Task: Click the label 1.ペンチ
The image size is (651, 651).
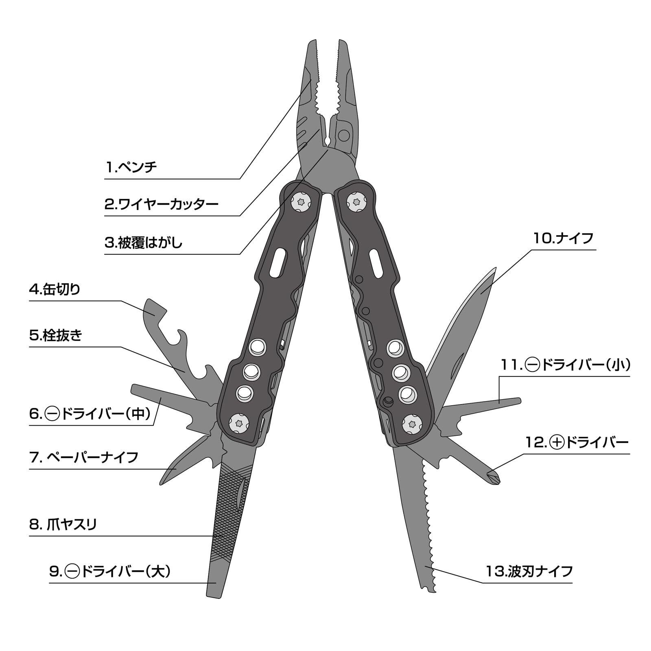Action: click(131, 167)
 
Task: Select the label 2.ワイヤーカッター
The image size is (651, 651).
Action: click(162, 204)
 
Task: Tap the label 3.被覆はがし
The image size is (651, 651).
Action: click(144, 243)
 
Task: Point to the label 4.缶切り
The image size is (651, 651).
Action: click(55, 290)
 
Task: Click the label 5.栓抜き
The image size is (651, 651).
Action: click(56, 336)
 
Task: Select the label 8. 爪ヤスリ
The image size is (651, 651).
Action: click(63, 524)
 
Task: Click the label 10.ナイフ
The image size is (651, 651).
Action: click(564, 238)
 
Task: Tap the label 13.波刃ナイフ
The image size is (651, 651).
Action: click(529, 571)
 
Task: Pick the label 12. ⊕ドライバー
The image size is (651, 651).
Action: click(577, 442)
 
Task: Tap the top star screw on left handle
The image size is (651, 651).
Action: click(301, 202)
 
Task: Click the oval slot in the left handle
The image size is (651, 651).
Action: click(279, 263)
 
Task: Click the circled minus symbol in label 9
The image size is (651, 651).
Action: click(72, 572)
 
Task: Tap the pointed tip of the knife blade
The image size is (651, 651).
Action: click(496, 269)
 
